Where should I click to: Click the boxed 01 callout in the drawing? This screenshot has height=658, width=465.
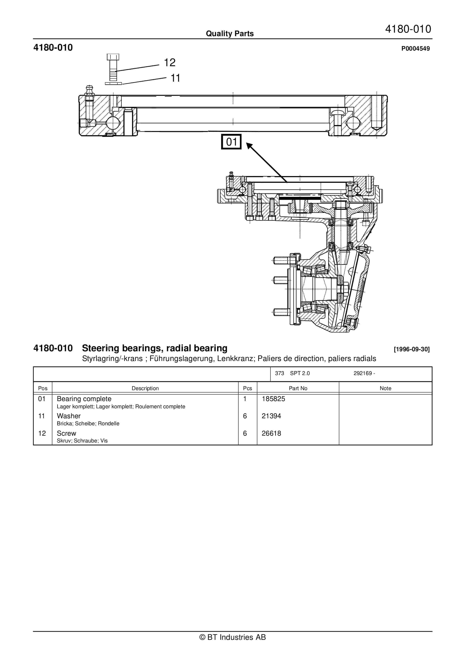pos(231,142)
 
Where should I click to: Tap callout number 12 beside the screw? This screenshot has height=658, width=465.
pos(169,63)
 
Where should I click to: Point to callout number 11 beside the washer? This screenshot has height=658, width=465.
pos(175,78)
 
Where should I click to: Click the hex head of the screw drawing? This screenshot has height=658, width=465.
pos(113,57)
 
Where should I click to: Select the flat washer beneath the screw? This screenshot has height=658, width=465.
pos(113,83)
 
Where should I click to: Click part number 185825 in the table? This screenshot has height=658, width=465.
pos(273,399)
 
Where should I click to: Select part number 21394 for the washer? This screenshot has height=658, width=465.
pos(271,416)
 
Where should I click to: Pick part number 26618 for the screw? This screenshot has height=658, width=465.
pos(271,433)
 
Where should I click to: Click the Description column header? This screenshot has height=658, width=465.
pos(145,388)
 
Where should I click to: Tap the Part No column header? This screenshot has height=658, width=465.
pos(298,388)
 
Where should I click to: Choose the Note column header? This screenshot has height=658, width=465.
pos(385,388)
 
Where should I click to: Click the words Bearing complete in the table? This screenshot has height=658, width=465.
pos(84,399)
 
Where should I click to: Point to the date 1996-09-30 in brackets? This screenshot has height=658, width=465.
pos(412,349)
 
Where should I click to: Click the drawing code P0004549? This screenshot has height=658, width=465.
pos(415,48)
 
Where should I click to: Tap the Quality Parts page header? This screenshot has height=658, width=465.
pos(230,34)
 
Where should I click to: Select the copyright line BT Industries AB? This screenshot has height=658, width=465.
pos(232,637)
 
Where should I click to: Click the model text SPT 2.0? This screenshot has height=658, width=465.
pos(300,373)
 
